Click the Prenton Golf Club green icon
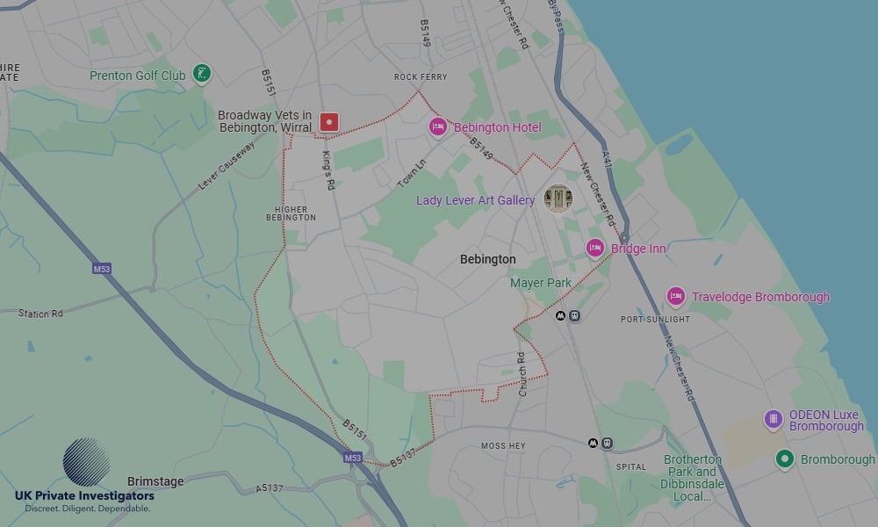pyautogui.click(x=203, y=75)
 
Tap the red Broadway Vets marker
pyautogui.click(x=329, y=122)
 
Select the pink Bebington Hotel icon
pyautogui.click(x=437, y=127)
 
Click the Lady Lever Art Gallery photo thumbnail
pyautogui.click(x=558, y=199)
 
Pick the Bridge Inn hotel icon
pyautogui.click(x=595, y=249)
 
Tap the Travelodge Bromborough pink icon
pyautogui.click(x=675, y=297)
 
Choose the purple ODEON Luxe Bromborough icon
pyautogui.click(x=774, y=420)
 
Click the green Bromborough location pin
pyautogui.click(x=785, y=458)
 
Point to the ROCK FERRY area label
pyautogui.click(x=421, y=77)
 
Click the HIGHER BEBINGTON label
pyautogui.click(x=291, y=213)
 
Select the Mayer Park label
pyautogui.click(x=541, y=283)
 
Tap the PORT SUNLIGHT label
pyautogui.click(x=655, y=319)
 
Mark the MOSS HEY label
pyautogui.click(x=503, y=446)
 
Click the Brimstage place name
pyautogui.click(x=155, y=481)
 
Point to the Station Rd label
pyautogui.click(x=40, y=314)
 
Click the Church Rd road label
pyautogui.click(x=522, y=372)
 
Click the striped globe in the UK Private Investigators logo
pyautogui.click(x=87, y=463)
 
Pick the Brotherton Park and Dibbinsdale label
pyautogui.click(x=693, y=478)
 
